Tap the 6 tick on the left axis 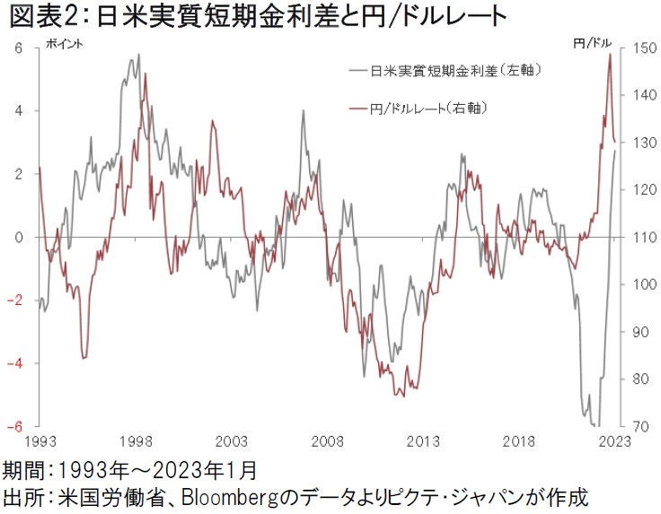tap(17, 48)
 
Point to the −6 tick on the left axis tap(14, 426)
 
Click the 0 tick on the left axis tap(17, 238)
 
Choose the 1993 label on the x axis tap(40, 441)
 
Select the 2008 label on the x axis tap(327, 441)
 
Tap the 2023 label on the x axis tap(613, 441)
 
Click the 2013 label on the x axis tap(422, 441)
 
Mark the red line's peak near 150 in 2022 tap(610, 54)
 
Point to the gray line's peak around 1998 tap(137, 56)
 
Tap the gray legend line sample tap(357, 69)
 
